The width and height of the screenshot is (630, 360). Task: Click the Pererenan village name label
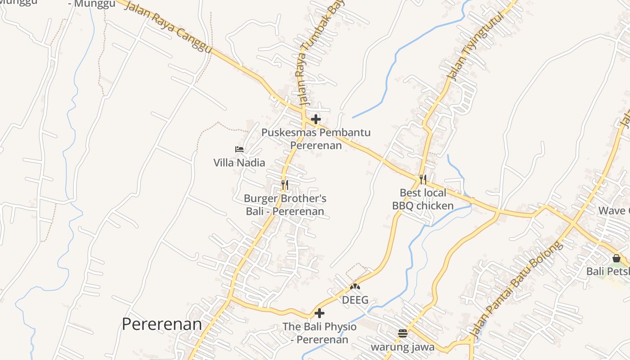click(162, 324)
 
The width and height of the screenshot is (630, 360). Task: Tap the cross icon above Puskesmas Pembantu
click(316, 119)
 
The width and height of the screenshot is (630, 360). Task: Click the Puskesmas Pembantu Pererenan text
click(316, 139)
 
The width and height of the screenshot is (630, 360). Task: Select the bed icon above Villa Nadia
click(239, 149)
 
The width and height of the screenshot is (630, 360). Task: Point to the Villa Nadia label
click(239, 162)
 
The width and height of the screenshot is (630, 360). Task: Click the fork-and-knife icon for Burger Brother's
click(284, 184)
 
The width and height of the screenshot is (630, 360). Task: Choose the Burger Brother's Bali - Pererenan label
click(285, 205)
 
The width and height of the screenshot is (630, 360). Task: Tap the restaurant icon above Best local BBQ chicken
click(423, 180)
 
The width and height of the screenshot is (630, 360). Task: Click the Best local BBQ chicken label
click(423, 199)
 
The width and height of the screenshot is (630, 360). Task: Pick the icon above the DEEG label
click(355, 286)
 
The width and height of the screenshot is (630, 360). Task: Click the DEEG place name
click(355, 300)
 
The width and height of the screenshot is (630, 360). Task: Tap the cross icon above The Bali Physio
click(319, 313)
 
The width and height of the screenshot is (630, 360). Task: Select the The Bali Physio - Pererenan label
click(319, 333)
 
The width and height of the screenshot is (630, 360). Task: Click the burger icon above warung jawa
click(402, 333)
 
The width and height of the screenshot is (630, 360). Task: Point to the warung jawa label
click(403, 347)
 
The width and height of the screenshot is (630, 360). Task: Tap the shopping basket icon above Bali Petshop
click(616, 258)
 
